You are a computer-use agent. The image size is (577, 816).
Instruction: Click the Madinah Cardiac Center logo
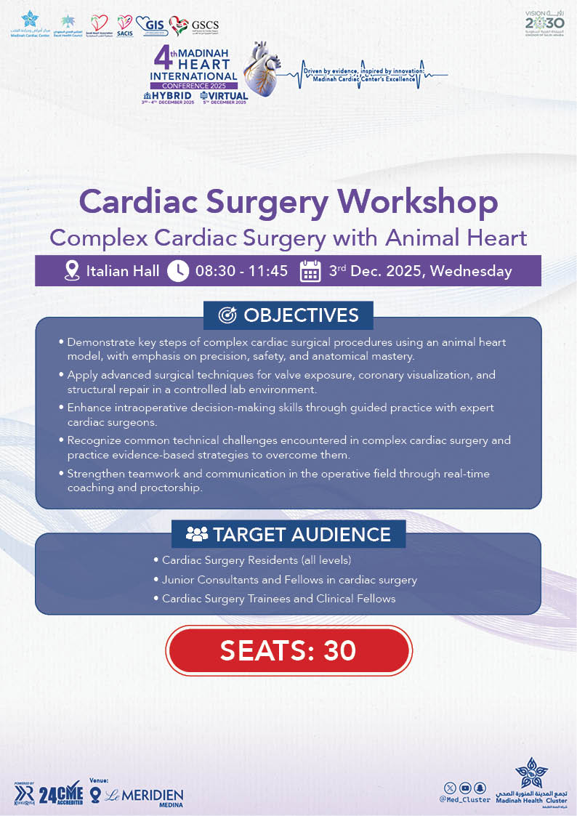(28, 23)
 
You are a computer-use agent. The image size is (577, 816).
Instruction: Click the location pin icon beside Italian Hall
(71, 271)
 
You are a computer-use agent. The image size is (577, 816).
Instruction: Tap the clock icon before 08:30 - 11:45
(177, 271)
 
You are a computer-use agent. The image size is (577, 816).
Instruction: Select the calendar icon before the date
(310, 271)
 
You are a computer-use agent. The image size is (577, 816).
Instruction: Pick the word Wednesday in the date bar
(475, 272)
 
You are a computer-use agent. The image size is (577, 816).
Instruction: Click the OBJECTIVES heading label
(301, 315)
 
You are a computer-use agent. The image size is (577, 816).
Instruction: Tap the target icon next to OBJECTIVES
(227, 315)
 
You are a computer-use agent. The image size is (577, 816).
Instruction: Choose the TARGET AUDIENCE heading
(302, 535)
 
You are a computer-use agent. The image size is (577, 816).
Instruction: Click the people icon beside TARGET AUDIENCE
(196, 535)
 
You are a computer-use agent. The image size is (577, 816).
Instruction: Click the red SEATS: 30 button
(288, 650)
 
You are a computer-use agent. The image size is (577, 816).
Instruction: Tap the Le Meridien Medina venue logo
(142, 796)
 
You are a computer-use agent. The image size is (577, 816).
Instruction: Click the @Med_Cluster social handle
(466, 799)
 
